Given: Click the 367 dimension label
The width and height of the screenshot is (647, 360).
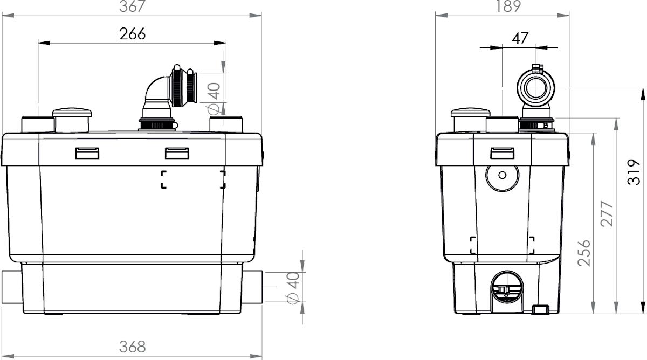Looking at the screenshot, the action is click(x=132, y=6).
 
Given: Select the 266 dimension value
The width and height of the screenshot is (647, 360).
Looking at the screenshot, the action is click(x=132, y=34).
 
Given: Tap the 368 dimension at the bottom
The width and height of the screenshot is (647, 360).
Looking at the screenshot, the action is click(x=132, y=347).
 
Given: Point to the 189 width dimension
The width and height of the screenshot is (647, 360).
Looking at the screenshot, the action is click(x=508, y=6).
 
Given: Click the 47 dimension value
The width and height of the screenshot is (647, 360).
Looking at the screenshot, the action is click(x=520, y=38).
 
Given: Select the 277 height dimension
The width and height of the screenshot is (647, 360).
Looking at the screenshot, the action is click(x=607, y=214).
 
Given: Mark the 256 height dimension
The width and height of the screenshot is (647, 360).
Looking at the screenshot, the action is click(x=584, y=253).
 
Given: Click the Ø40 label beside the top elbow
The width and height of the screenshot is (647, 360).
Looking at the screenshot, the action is click(x=214, y=98).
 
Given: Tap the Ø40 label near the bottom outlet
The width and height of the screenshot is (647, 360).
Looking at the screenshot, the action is click(x=293, y=288).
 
